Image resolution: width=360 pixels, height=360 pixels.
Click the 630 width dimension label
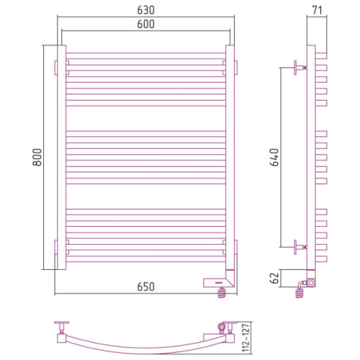pyautogui.click(x=145, y=10)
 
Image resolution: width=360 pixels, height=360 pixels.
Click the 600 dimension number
pyautogui.click(x=145, y=24)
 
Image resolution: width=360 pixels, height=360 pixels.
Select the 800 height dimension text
pyautogui.click(x=37, y=157)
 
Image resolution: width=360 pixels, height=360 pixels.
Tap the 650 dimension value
pyautogui.click(x=145, y=287)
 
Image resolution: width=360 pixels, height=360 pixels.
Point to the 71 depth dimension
pyautogui.click(x=317, y=10)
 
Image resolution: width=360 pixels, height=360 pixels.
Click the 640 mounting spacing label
pyautogui.click(x=274, y=157)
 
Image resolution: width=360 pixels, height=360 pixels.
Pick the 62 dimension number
pyautogui.click(x=274, y=278)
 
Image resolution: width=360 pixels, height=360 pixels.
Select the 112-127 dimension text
pyautogui.click(x=246, y=338)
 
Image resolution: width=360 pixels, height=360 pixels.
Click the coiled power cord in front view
pyautogui.click(x=222, y=293)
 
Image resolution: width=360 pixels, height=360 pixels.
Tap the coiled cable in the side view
pyautogui.click(x=300, y=293)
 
